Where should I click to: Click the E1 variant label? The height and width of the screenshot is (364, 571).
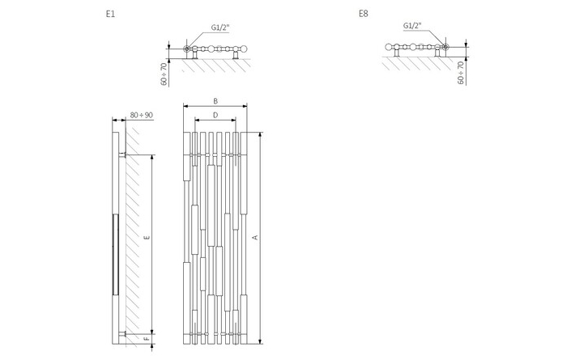click(110, 15)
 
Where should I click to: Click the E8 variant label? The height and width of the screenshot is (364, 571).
click(364, 14)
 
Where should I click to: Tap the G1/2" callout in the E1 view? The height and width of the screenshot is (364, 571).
click(220, 28)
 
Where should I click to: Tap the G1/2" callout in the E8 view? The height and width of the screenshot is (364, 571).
click(412, 25)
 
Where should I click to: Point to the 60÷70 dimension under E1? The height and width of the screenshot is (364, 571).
click(164, 74)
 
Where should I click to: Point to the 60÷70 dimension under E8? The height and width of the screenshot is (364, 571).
click(461, 73)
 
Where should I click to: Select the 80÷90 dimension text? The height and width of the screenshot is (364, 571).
click(141, 116)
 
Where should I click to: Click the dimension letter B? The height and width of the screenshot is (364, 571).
click(215, 101)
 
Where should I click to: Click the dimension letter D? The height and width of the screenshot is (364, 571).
click(215, 116)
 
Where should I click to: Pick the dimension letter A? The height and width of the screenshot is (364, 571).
click(255, 238)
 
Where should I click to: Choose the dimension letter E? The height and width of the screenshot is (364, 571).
click(147, 238)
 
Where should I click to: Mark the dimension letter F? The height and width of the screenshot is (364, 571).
click(147, 339)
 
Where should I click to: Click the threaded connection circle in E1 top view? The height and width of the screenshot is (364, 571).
click(187, 49)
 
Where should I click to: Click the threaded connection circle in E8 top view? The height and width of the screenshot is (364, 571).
click(445, 47)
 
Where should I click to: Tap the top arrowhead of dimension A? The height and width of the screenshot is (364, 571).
click(260, 135)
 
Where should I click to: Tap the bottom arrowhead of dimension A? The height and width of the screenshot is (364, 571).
click(260, 341)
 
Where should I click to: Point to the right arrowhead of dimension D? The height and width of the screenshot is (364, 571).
click(233, 119)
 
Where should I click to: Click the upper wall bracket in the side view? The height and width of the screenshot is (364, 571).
click(122, 155)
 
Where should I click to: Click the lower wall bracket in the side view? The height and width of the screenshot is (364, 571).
click(122, 334)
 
